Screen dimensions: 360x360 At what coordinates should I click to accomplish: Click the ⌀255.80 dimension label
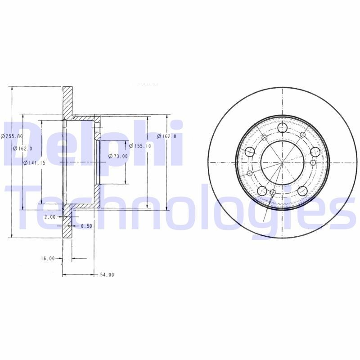tap(10, 136)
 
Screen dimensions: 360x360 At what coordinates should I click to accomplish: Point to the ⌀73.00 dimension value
tap(118, 156)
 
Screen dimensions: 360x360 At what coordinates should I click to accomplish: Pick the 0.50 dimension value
tap(86, 226)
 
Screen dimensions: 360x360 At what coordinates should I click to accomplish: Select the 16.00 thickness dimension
tap(47, 258)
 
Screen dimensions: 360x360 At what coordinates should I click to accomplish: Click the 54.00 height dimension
tap(107, 274)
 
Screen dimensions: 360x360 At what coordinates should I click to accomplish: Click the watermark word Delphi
tap(92, 144)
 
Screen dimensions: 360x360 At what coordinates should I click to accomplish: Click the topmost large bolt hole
tap(283, 128)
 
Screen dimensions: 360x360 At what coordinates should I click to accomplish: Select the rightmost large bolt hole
tap(315, 152)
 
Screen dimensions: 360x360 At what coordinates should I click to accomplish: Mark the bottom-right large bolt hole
tap(302, 191)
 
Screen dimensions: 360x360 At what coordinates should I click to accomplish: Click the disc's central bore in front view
tap(282, 162)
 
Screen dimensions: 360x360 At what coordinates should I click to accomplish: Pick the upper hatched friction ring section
tap(67, 101)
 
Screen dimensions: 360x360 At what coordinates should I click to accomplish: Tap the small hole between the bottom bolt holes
tap(273, 193)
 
